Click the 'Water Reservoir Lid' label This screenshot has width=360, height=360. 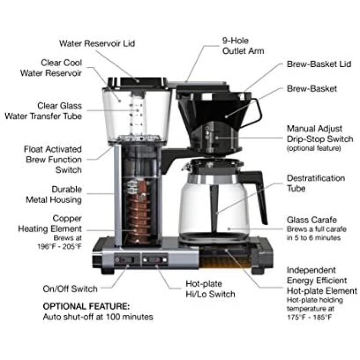coord(97,43)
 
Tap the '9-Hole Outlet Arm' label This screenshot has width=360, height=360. coord(243,46)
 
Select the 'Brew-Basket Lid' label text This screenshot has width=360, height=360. coord(319,64)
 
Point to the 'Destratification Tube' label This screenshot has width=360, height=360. coord(316,183)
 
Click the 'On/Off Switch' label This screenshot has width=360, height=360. coord(70,288)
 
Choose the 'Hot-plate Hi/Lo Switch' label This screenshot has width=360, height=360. coord(210,289)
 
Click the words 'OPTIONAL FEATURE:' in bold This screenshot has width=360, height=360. coord(86,306)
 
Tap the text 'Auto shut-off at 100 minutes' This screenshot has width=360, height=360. coord(98,317)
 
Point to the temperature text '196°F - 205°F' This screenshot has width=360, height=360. coord(60,247)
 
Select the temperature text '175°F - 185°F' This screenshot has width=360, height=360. coord(310,317)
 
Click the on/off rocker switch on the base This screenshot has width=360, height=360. coord(126,260)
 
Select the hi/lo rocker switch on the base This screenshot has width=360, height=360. coord(155,260)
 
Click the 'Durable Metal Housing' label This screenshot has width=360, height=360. coord(54,194)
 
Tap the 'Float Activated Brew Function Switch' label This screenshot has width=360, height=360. coord(53,159)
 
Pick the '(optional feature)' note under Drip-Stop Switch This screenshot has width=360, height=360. coord(313,148)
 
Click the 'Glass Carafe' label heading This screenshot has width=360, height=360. coord(312,220)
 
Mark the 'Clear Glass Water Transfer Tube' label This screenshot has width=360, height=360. coord(43,111)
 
